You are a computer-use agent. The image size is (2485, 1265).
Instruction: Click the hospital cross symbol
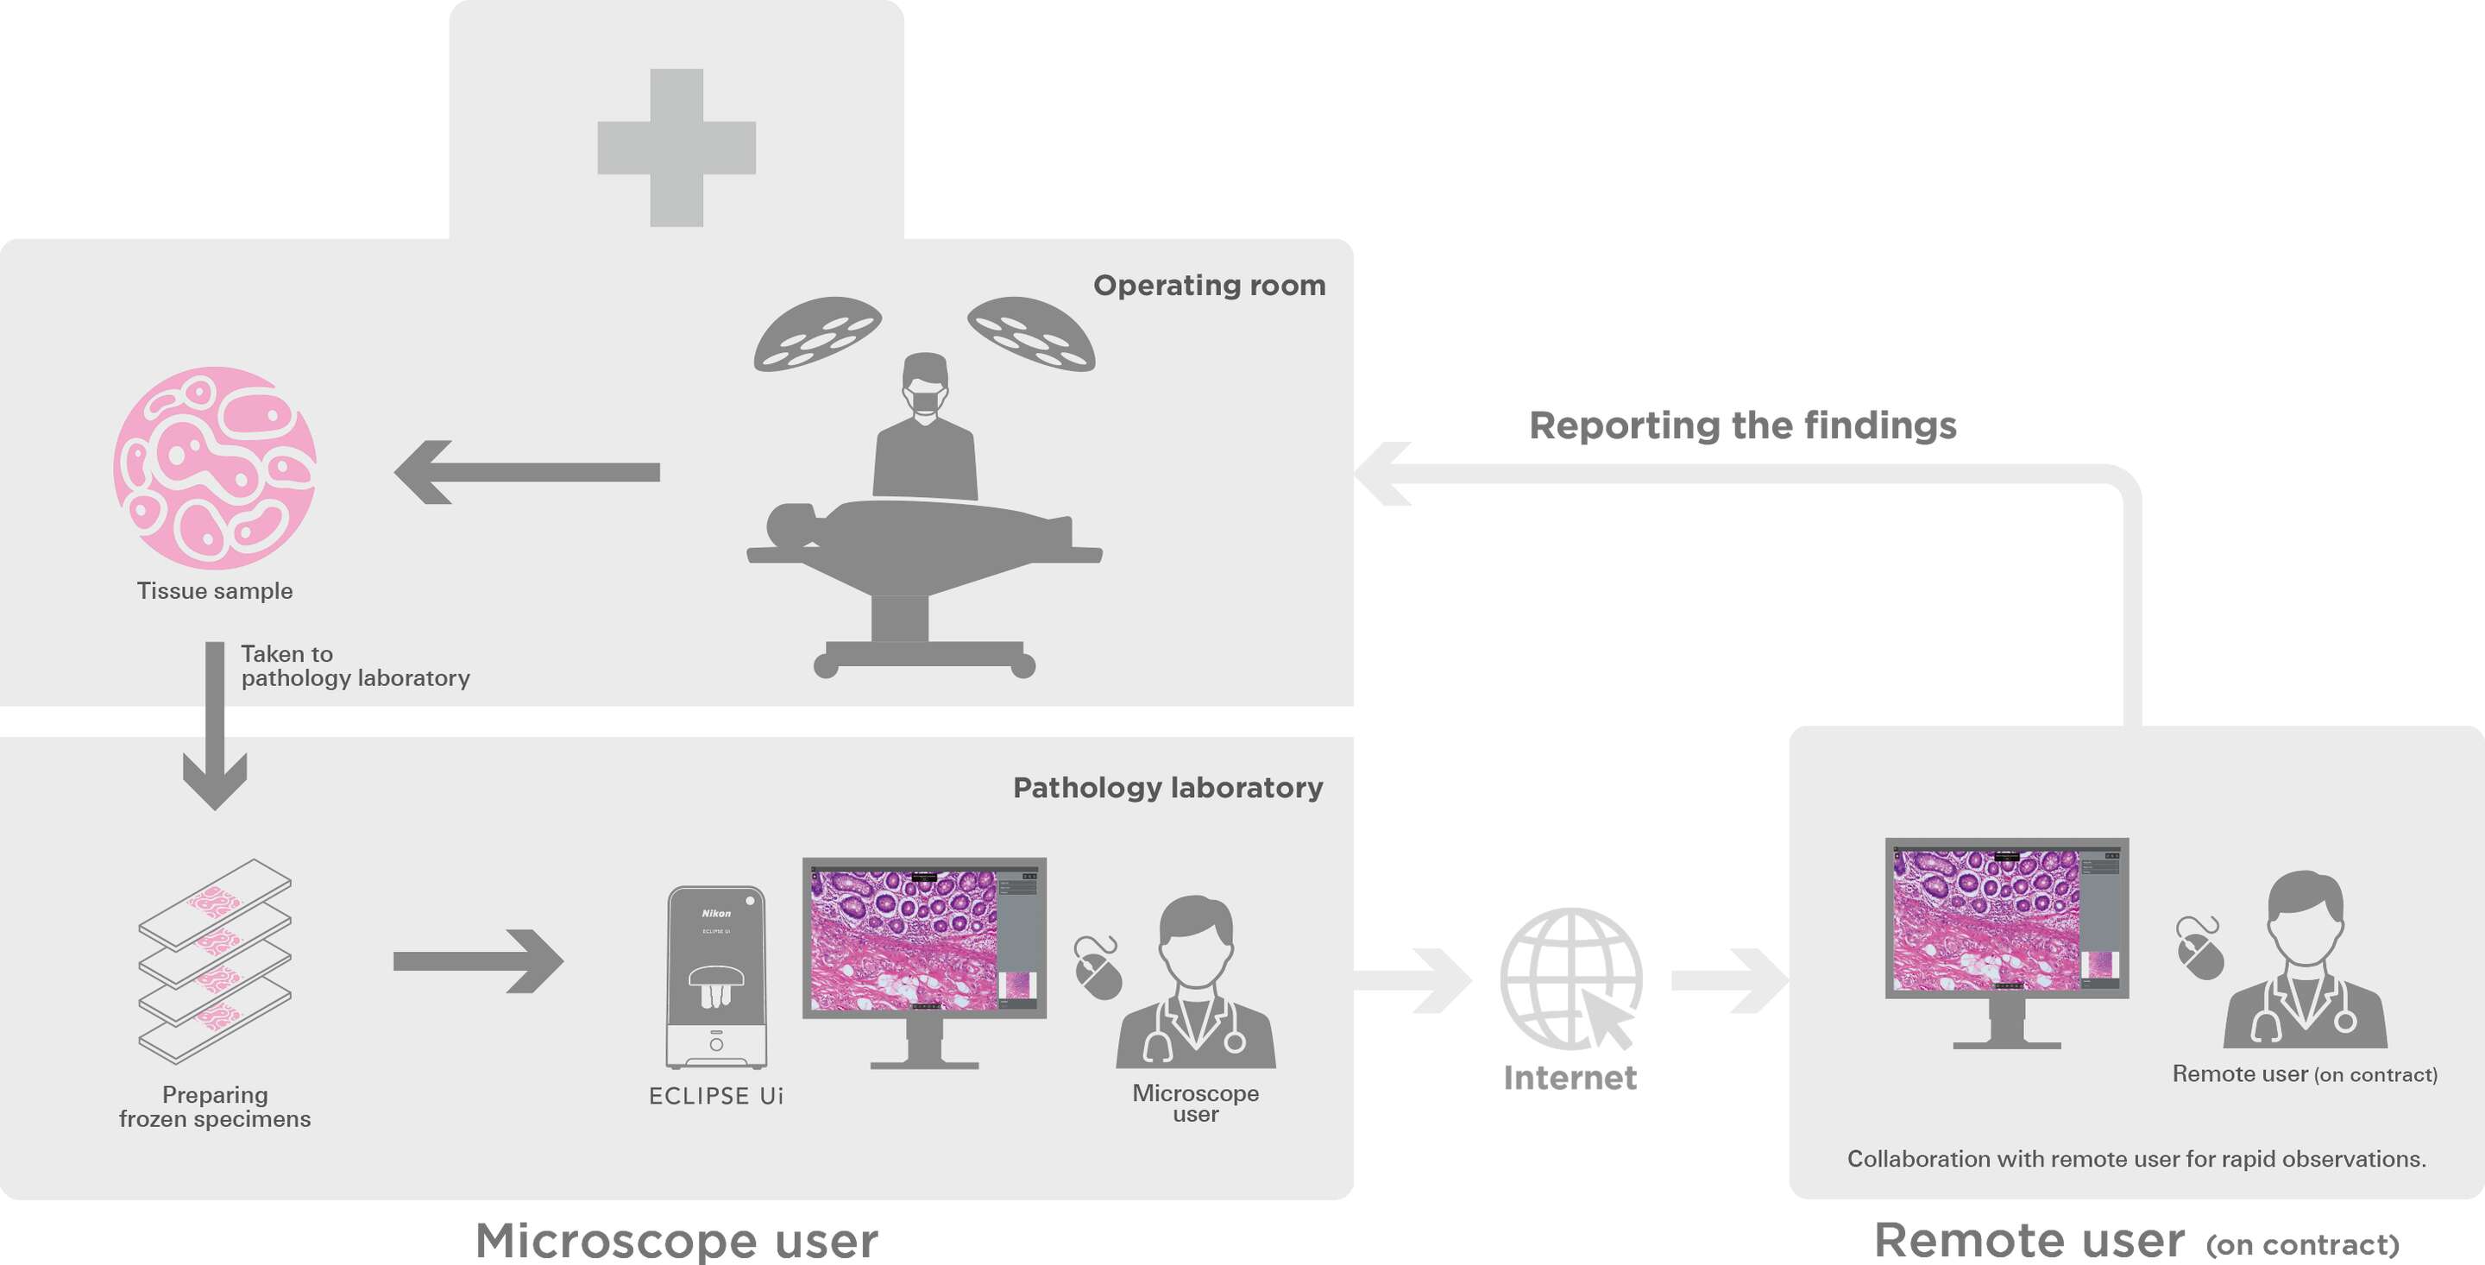pos(676,148)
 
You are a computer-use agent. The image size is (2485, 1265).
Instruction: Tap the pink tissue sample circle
pos(214,467)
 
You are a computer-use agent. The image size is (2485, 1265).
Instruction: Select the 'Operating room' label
pos(1209,286)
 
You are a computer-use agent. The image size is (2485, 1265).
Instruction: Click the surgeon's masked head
pos(924,386)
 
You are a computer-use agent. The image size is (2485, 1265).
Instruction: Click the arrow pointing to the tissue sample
pos(526,472)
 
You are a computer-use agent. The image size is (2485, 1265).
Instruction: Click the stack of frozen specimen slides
pos(214,961)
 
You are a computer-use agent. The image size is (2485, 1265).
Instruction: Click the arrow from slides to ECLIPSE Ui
pos(477,961)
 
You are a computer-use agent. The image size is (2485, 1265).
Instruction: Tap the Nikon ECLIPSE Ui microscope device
pos(716,977)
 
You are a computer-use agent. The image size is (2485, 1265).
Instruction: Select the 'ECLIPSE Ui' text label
pos(716,1096)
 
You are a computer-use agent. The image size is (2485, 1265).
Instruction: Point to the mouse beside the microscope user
pos(1098,969)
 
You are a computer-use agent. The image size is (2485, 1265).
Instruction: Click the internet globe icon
pos(1570,979)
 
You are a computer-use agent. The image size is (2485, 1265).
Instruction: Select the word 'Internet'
pos(1570,1078)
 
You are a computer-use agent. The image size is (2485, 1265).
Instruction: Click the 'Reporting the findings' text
pos(1742,425)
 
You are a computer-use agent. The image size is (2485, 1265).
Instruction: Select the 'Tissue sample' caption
pos(214,590)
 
